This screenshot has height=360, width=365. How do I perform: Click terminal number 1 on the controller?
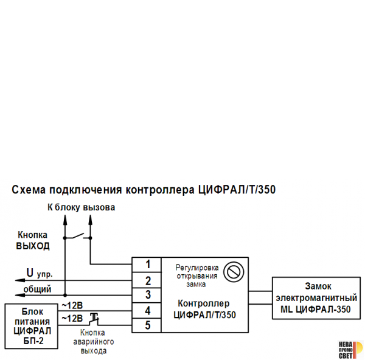148,265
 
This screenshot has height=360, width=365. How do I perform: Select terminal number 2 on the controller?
148,280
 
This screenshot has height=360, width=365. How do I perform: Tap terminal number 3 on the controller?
148,295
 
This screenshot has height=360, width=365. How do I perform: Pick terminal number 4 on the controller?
148,310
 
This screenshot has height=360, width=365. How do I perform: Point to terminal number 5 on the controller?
148,325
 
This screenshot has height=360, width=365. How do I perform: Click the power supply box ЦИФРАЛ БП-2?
32,326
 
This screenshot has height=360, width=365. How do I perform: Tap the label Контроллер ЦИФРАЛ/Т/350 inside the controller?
204,309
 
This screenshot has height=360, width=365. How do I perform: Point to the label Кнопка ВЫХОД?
33,241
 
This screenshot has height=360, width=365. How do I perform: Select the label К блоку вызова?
81,207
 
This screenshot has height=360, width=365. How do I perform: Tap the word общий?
37,289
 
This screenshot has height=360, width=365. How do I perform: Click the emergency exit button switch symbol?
94,317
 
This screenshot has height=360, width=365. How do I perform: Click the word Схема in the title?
29,190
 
